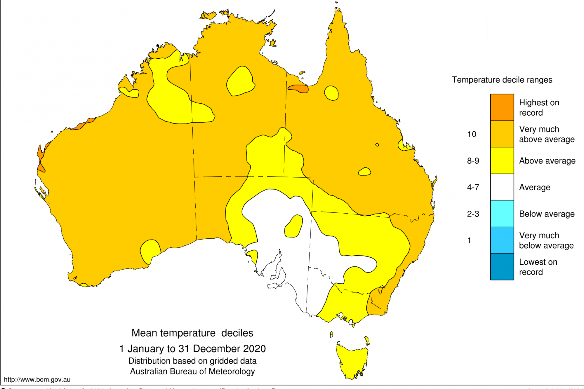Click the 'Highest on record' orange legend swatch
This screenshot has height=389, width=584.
502,107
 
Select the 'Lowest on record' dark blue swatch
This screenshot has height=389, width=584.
502,266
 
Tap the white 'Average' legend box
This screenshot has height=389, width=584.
502,187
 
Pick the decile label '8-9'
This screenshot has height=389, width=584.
473,161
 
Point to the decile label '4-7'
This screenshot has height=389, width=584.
473,187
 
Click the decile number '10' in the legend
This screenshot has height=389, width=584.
472,134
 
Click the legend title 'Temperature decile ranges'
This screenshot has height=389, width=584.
502,80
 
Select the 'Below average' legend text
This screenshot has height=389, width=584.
547,214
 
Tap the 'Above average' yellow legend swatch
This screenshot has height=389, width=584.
502,161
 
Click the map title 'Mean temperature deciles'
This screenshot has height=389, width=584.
192,333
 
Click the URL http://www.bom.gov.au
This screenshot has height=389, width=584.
37,380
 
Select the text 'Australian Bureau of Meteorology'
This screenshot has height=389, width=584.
192,371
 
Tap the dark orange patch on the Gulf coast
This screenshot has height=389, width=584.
298,88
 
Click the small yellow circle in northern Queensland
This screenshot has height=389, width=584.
331,93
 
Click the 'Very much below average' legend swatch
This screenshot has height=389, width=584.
502,240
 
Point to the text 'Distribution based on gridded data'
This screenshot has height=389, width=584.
192,361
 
